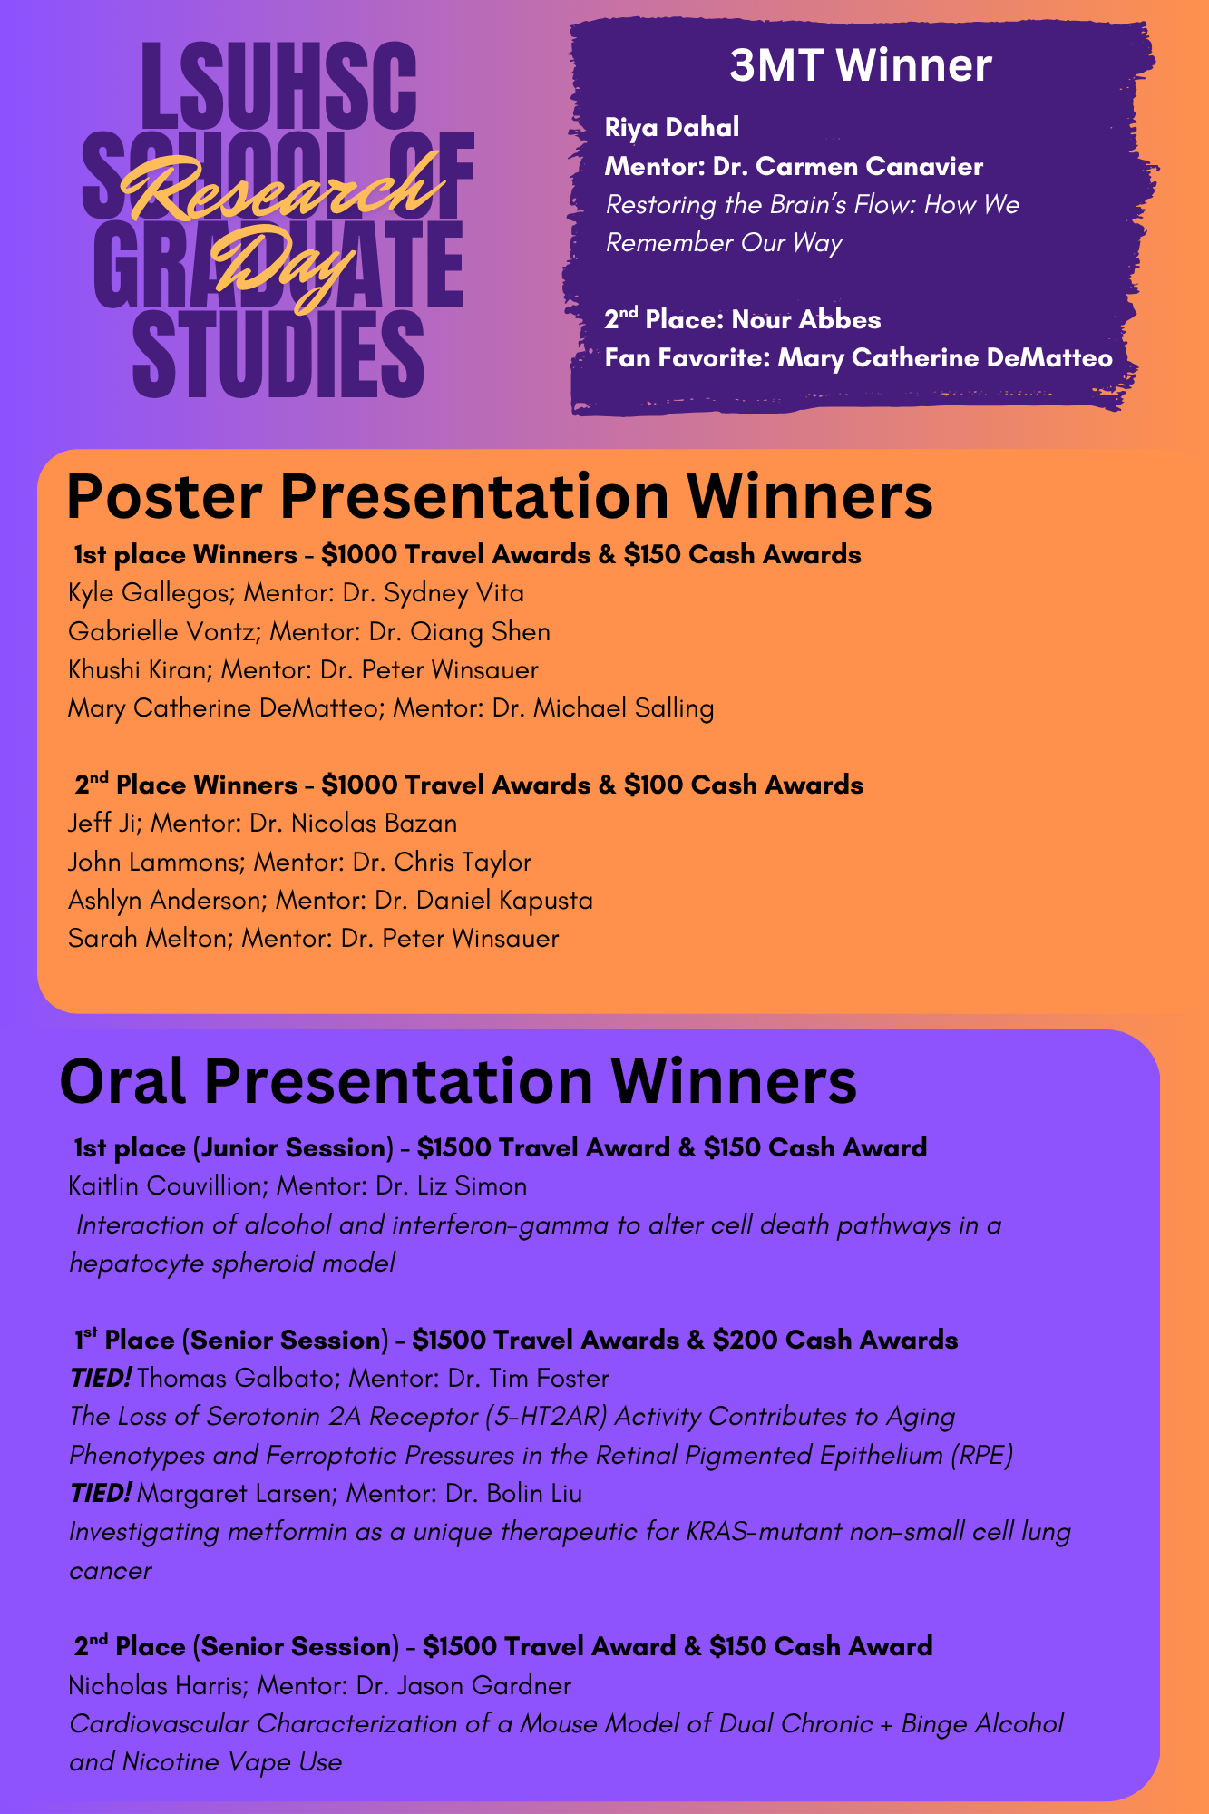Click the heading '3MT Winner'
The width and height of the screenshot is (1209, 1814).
[x=860, y=66]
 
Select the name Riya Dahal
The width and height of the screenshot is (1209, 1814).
[x=671, y=127]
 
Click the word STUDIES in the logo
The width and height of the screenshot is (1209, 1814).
[x=278, y=356]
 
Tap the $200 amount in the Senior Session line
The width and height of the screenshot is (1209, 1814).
[x=745, y=1340]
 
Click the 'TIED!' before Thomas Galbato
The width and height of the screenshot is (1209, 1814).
[x=101, y=1379]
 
